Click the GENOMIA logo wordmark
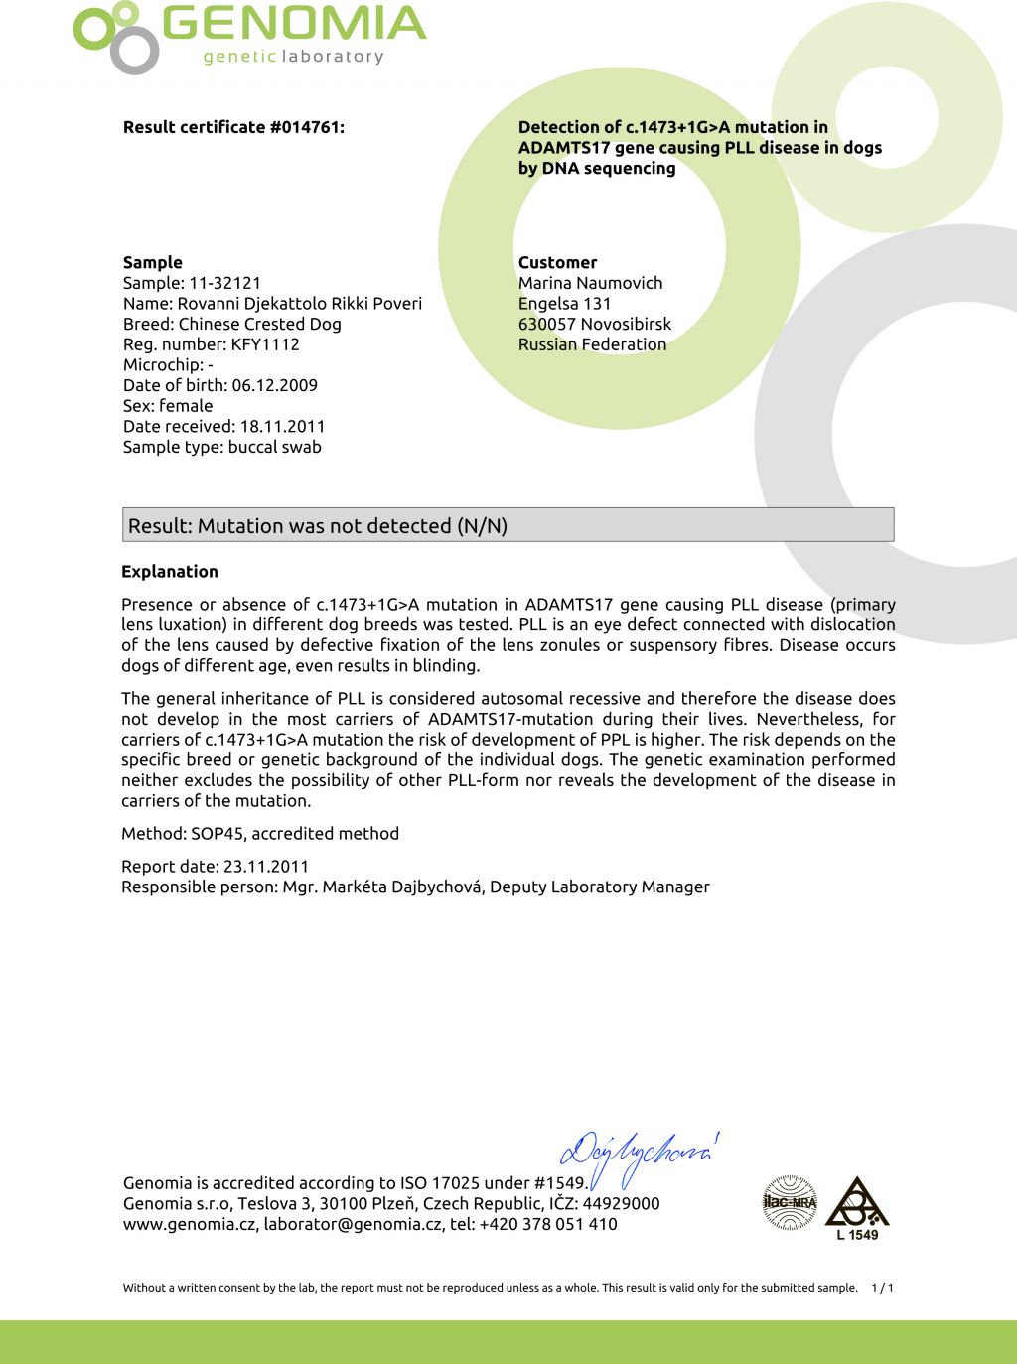(294, 24)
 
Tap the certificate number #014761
(307, 127)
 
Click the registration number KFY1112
(265, 344)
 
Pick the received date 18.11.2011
(282, 426)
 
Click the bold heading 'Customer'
(557, 262)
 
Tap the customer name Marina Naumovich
(590, 283)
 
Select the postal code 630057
(547, 324)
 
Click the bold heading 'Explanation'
(170, 571)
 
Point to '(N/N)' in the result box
(481, 526)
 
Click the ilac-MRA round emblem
(790, 1202)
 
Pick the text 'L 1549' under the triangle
(857, 1235)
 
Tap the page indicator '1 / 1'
(882, 1288)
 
